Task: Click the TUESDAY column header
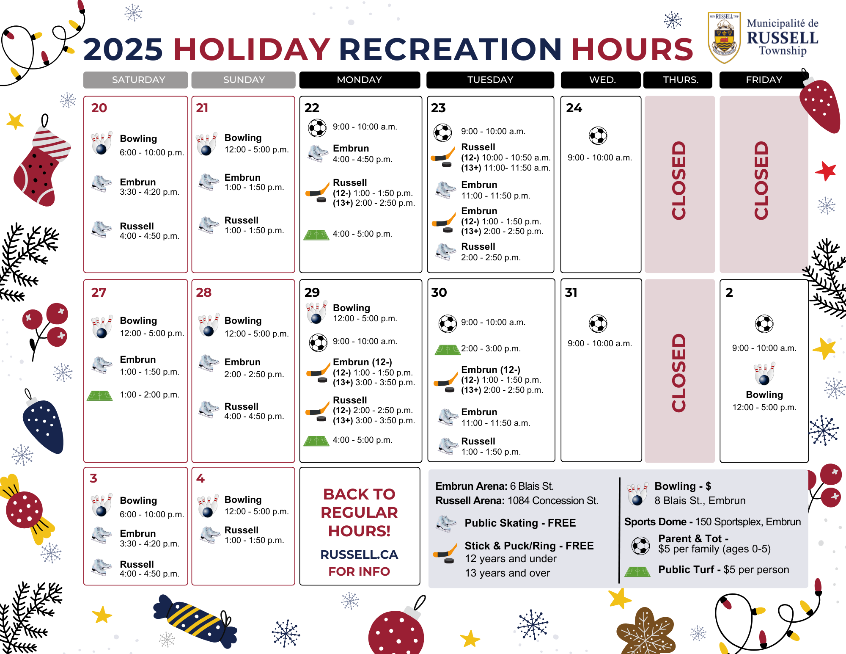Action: click(x=490, y=80)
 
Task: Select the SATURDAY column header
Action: click(x=136, y=80)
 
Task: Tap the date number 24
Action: click(x=574, y=108)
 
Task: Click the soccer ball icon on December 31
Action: click(x=598, y=324)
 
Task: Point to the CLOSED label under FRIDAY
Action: click(x=761, y=180)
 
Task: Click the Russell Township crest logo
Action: click(x=724, y=37)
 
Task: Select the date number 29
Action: click(x=312, y=292)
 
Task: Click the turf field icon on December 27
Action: click(x=100, y=396)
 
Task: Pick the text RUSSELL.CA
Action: click(x=359, y=555)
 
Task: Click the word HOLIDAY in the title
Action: click(x=251, y=50)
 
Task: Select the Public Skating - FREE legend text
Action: click(x=520, y=523)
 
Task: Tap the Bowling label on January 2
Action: click(x=764, y=395)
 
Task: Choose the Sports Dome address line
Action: click(x=712, y=522)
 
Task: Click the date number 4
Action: click(x=201, y=478)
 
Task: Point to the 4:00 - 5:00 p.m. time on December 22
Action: click(x=363, y=234)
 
